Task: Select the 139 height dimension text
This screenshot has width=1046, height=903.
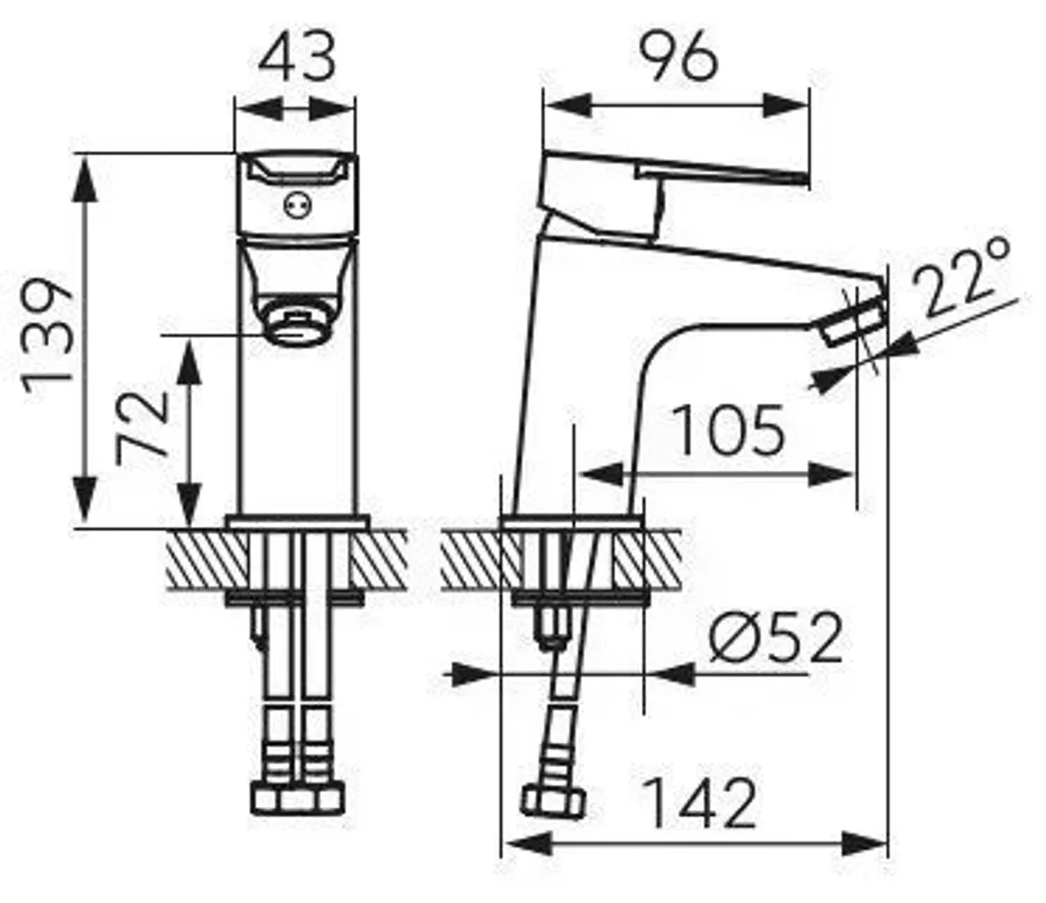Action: [48, 332]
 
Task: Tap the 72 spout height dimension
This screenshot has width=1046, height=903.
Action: [143, 424]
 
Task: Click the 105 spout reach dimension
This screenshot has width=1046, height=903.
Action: [728, 431]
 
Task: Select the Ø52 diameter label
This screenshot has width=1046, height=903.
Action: [776, 639]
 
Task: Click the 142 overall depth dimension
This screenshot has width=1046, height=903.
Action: [700, 804]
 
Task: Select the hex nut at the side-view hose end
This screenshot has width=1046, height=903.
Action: [552, 798]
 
